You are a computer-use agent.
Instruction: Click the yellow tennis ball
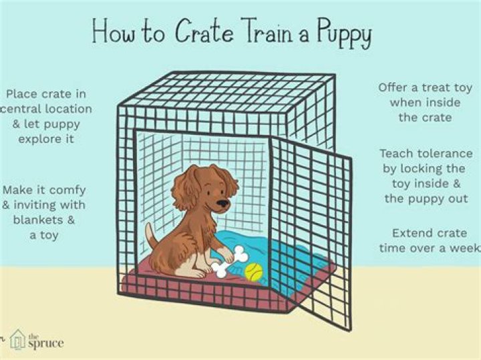pyautogui.click(x=253, y=272)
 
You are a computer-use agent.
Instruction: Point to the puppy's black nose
pyautogui.click(x=225, y=202)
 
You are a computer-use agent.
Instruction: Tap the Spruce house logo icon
pyautogui.click(x=18, y=340)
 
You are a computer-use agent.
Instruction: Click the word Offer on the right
pyautogui.click(x=395, y=87)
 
